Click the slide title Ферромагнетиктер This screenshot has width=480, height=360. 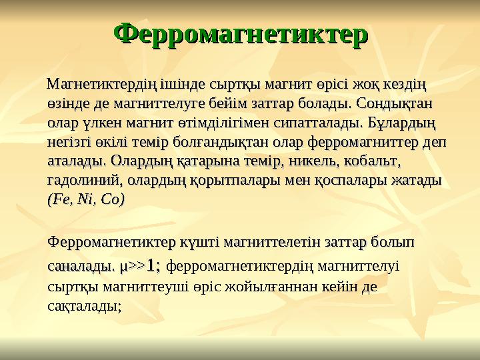[x=241, y=33]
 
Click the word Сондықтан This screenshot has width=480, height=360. [x=396, y=105]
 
